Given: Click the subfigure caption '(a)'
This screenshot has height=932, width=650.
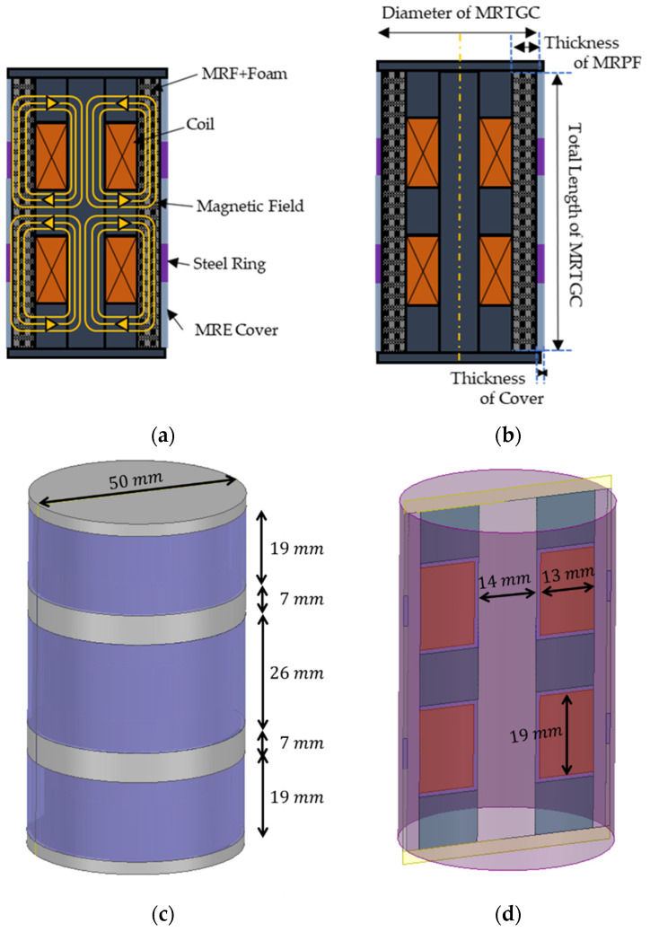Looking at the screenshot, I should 162,437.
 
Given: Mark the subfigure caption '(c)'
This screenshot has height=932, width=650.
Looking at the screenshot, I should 162,915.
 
